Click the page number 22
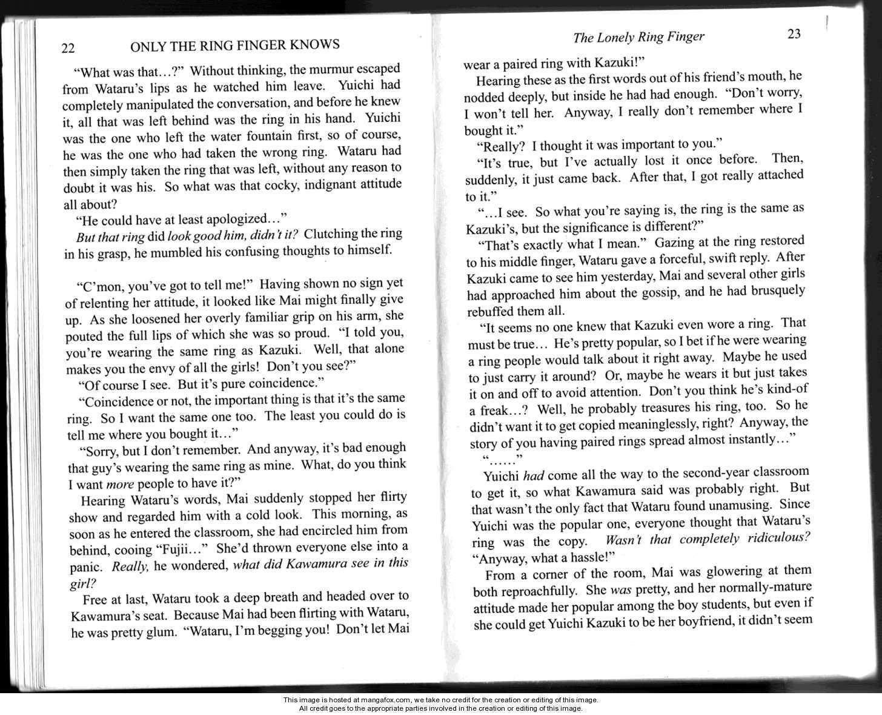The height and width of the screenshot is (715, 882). (x=68, y=49)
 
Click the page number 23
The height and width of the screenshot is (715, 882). (x=794, y=34)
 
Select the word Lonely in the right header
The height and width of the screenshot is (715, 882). (x=615, y=38)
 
